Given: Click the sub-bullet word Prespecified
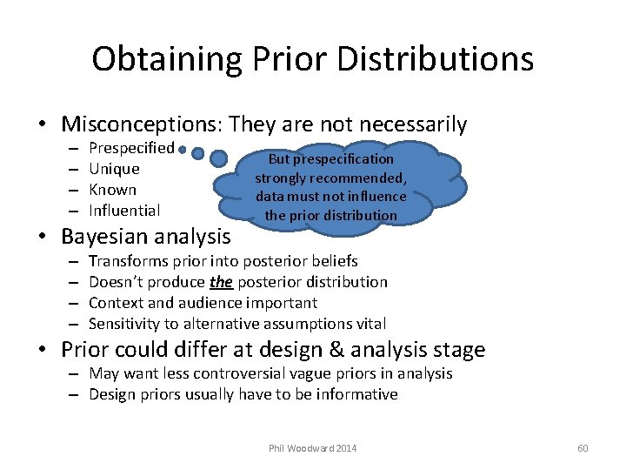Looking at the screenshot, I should pos(131,148).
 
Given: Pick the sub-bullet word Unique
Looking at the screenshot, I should pos(114,169).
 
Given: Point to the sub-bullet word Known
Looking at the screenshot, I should pos(113,190).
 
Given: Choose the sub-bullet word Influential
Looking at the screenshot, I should pos(124,211).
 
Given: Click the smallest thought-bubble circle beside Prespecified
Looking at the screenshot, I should pos(183,151).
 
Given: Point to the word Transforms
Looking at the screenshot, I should pos(126,261).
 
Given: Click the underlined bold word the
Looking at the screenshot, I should pos(221,282).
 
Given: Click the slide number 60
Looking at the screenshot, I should pos(583,448).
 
